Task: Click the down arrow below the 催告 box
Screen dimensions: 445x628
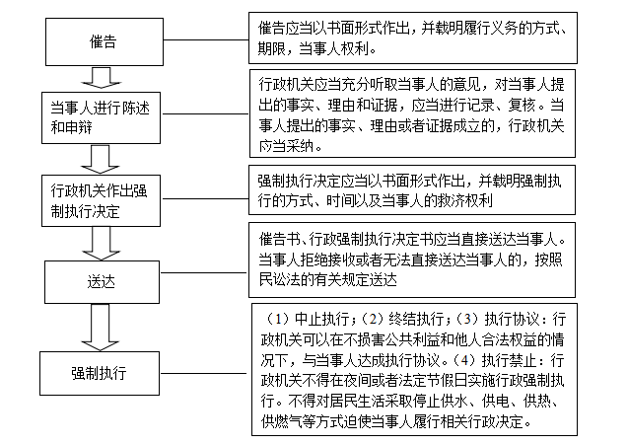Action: coord(98,76)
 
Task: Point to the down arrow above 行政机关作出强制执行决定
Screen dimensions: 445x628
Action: coord(98,155)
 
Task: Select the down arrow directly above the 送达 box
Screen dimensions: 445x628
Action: coord(98,239)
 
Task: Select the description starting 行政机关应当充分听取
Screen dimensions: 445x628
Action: coord(409,111)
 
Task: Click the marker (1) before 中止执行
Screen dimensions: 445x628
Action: coord(277,321)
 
